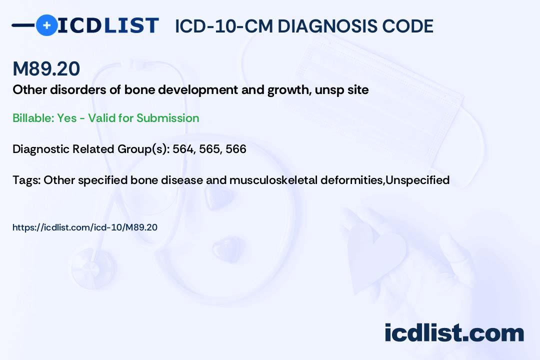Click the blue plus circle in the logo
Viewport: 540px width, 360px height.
tap(46, 25)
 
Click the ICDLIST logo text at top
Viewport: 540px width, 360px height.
tap(108, 25)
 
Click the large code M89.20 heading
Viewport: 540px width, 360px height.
tap(46, 68)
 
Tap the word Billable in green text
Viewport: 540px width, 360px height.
tap(33, 118)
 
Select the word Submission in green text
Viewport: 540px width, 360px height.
tap(167, 118)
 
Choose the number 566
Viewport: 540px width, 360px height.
tap(236, 149)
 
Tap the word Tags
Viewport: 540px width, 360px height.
tap(26, 180)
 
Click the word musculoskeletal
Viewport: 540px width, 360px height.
tap(273, 180)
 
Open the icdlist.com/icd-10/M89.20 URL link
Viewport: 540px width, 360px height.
tap(84, 227)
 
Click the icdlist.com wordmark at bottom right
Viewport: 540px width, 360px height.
tap(454, 333)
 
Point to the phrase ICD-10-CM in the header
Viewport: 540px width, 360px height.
tap(224, 26)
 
